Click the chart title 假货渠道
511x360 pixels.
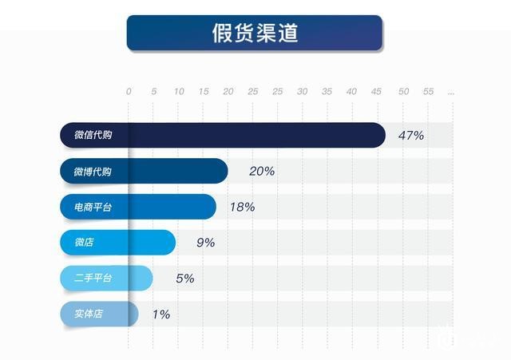255,33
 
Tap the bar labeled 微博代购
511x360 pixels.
144,171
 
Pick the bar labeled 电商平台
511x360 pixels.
137,207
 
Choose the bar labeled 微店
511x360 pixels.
117,242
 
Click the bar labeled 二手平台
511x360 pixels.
106,278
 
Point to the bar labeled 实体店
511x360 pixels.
99,314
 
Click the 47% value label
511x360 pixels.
410,135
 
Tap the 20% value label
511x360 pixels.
262,171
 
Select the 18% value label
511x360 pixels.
242,207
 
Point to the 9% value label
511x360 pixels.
205,243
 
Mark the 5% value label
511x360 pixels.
184,279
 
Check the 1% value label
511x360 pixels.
160,315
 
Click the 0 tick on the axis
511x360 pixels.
129,92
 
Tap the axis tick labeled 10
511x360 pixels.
179,92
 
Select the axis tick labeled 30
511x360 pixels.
302,92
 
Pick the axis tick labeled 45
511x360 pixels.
376,92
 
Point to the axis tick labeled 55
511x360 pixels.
428,92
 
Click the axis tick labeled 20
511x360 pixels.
228,92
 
